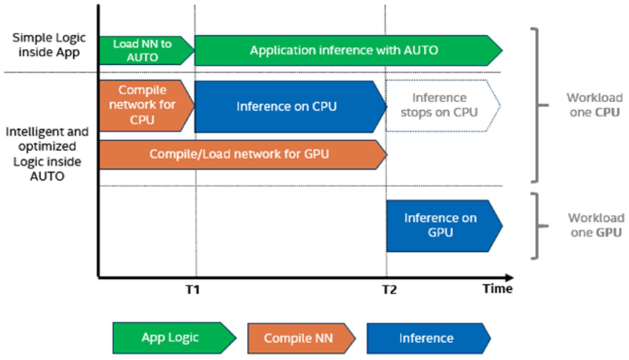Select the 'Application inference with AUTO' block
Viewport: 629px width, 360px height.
pyautogui.click(x=348, y=51)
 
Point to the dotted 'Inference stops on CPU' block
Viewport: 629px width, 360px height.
pyautogui.click(x=443, y=105)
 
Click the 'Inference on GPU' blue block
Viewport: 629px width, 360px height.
pyautogui.click(x=444, y=226)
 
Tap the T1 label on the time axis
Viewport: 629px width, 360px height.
pyautogui.click(x=193, y=289)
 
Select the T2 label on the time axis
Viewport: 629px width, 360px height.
pyautogui.click(x=389, y=290)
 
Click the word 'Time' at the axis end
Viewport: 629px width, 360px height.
pyautogui.click(x=497, y=288)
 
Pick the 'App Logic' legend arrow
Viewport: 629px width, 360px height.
pyautogui.click(x=175, y=338)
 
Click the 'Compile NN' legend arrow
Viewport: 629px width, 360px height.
pyautogui.click(x=302, y=338)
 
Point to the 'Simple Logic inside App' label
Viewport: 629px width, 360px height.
pyautogui.click(x=49, y=45)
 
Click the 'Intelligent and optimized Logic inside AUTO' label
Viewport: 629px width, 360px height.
pyautogui.click(x=47, y=154)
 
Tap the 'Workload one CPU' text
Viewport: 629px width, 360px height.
pyautogui.click(x=595, y=105)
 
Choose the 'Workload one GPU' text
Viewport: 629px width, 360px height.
pyautogui.click(x=596, y=225)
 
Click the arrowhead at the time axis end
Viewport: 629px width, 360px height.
pyautogui.click(x=509, y=278)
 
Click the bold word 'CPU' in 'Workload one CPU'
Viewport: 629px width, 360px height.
pyautogui.click(x=607, y=112)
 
